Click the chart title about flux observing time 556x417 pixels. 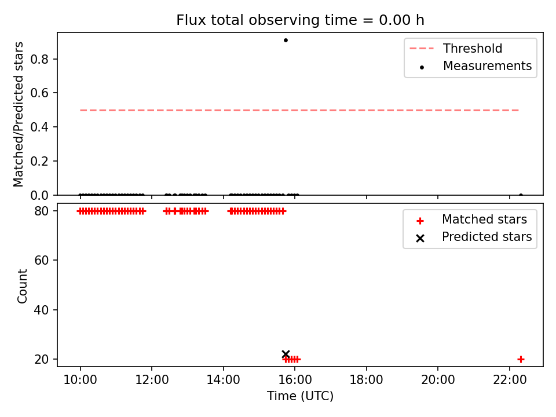[x=300, y=20]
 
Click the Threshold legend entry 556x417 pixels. [x=456, y=48]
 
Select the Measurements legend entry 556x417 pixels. [x=475, y=66]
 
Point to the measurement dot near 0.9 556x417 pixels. [x=286, y=40]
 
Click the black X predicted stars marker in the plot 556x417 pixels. [x=286, y=354]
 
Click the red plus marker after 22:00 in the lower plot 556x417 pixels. [x=521, y=359]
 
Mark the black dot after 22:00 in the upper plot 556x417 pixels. [x=521, y=195]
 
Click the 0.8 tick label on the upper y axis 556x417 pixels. [x=39, y=59]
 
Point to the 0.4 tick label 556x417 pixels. [x=39, y=127]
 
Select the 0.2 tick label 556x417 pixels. [x=39, y=161]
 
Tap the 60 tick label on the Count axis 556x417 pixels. [x=41, y=260]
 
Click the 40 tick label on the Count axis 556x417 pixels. [x=41, y=310]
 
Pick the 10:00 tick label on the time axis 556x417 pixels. [x=80, y=380]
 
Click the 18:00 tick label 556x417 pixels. [x=366, y=380]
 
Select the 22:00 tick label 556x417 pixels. [x=510, y=380]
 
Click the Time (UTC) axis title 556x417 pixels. [x=300, y=396]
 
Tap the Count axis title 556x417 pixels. [x=22, y=286]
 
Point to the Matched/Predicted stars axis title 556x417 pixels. [x=18, y=114]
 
